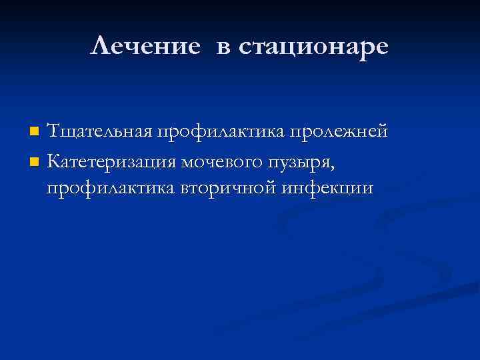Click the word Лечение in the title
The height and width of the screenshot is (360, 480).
click(145, 46)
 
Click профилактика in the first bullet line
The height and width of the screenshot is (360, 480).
click(221, 132)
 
